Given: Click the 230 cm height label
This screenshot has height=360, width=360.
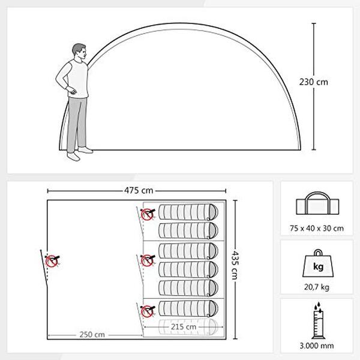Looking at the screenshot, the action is tap(313, 82).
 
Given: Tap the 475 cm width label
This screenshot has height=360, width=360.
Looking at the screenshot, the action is tap(139, 190).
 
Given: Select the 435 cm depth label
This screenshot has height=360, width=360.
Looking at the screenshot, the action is tap(235, 265).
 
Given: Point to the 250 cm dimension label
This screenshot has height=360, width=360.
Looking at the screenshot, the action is tap(92, 335).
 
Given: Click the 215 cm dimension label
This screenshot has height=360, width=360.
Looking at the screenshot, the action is tap(184, 327).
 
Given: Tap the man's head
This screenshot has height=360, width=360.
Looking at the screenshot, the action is tap(79, 52).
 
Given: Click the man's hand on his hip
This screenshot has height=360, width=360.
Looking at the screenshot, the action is tap(72, 91).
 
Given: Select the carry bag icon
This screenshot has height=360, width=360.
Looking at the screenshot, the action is tap(317, 203).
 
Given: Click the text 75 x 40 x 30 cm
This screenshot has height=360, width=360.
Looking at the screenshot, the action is tap(317, 228).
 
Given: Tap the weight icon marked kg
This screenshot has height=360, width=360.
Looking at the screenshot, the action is tap(318, 263).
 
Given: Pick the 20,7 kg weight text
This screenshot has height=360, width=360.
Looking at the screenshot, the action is tap(317, 287).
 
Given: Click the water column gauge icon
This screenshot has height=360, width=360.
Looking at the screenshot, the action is tap(318, 320).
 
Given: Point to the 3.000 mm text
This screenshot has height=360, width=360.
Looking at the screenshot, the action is tap(317, 346).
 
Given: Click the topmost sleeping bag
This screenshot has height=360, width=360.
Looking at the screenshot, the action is tap(188, 212).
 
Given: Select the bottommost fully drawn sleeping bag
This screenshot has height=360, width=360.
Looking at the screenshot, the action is tap(188, 308).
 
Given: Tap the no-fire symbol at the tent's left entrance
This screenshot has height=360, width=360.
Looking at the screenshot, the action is tap(52, 261).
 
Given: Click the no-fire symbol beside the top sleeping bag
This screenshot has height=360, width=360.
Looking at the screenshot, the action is tap(148, 214).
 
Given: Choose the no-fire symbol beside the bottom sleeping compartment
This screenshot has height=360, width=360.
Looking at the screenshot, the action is tap(148, 311).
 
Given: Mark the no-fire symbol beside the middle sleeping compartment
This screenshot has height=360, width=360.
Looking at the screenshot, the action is tap(148, 260).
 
